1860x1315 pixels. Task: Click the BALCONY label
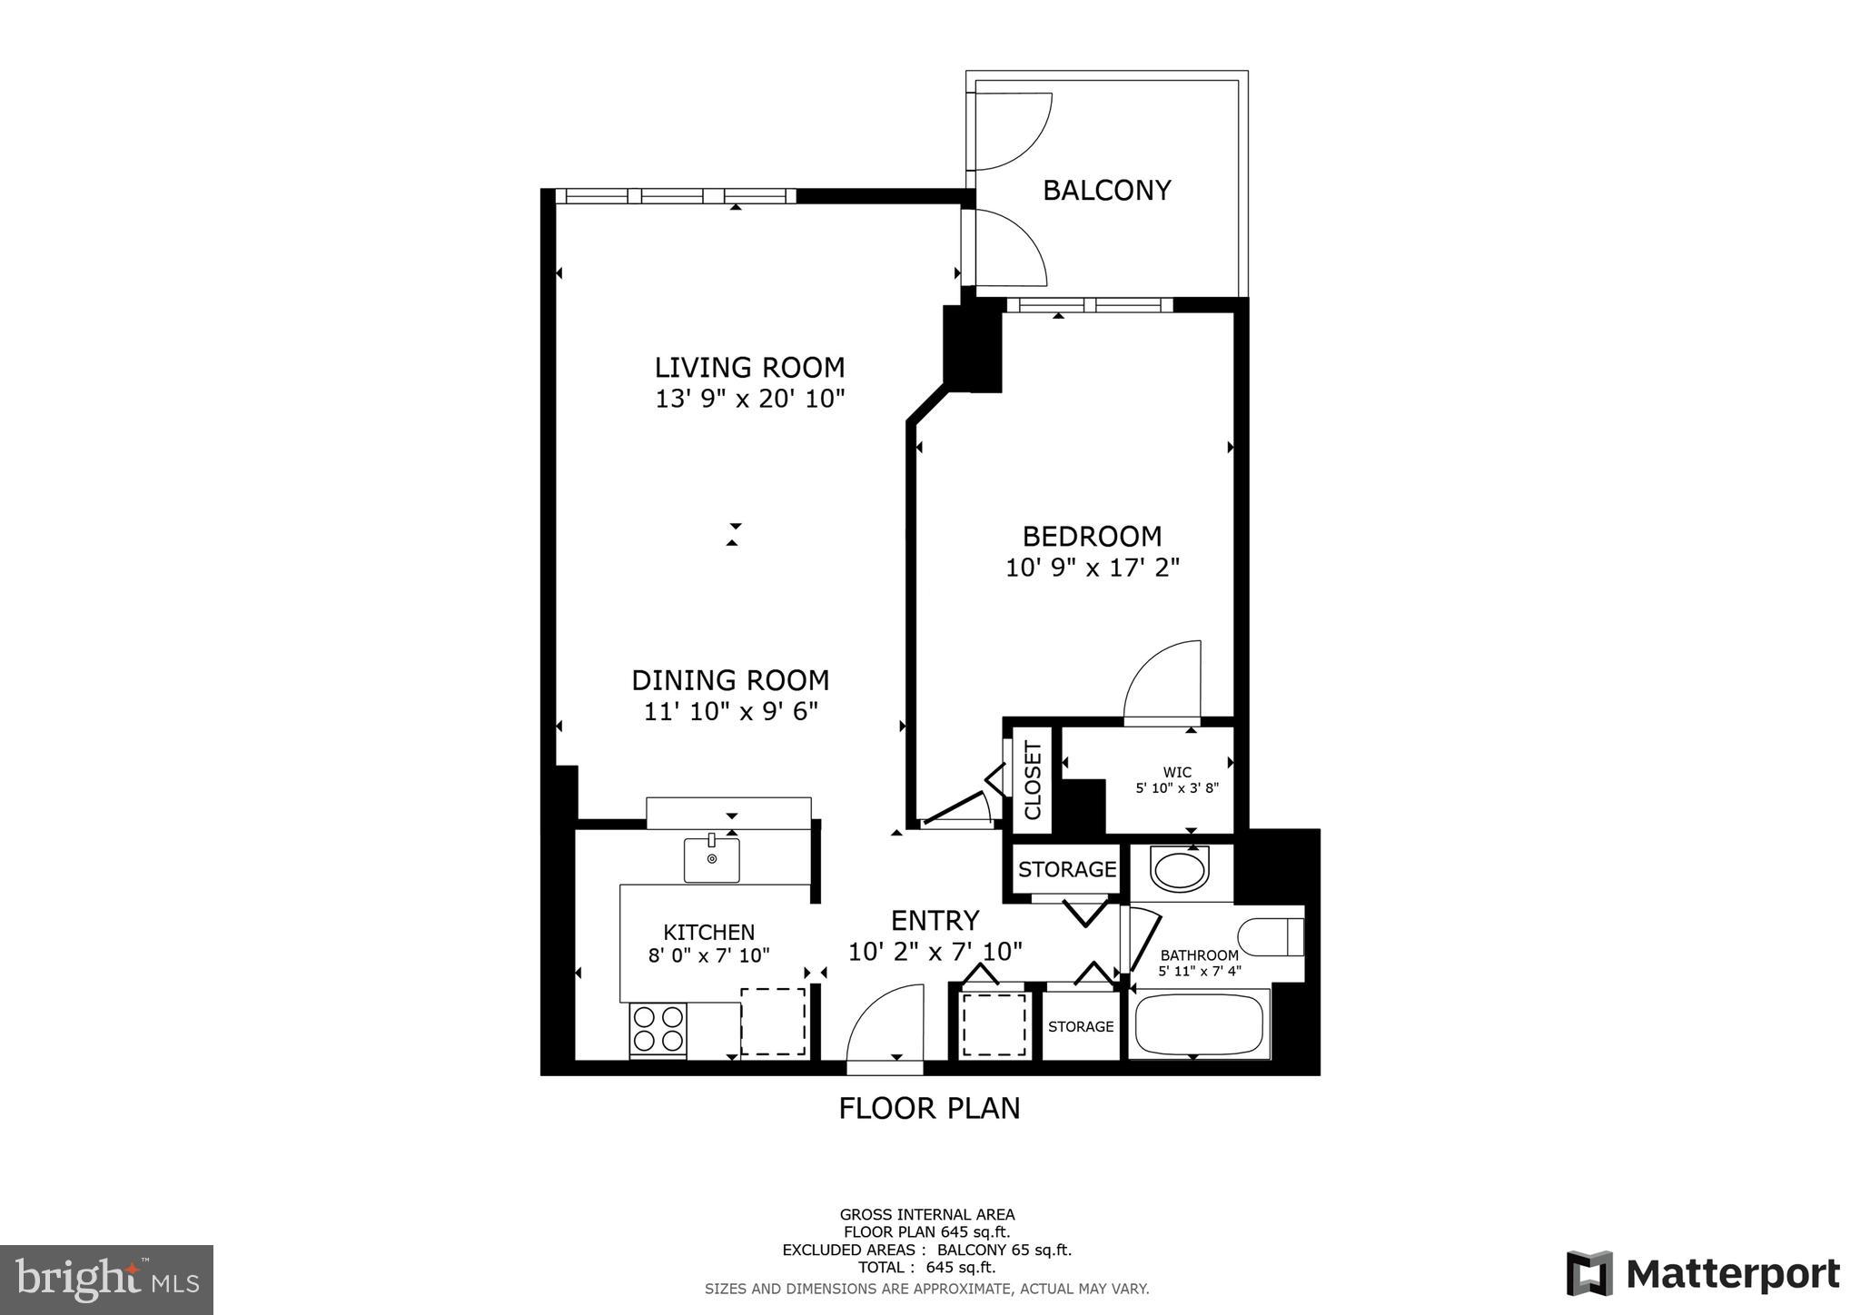pos(1106,191)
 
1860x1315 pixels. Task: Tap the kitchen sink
pos(711,859)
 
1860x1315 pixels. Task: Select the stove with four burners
pos(658,1029)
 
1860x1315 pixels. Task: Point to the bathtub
pos(1198,1025)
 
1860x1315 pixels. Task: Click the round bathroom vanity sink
pos(1179,869)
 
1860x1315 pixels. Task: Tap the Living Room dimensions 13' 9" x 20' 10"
pos(750,399)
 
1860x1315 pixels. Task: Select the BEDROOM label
pos(1092,536)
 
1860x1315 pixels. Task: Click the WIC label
pos(1177,772)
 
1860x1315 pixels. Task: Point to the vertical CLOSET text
pos(1033,780)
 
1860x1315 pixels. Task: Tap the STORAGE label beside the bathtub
pos(1081,1026)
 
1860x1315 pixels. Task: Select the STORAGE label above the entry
pos(1067,869)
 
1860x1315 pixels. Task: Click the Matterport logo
pos(1702,1273)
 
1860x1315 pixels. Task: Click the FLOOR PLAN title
pos(929,1108)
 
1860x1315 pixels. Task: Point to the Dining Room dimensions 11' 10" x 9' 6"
pos(731,711)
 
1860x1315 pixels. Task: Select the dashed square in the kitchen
pos(773,1022)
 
